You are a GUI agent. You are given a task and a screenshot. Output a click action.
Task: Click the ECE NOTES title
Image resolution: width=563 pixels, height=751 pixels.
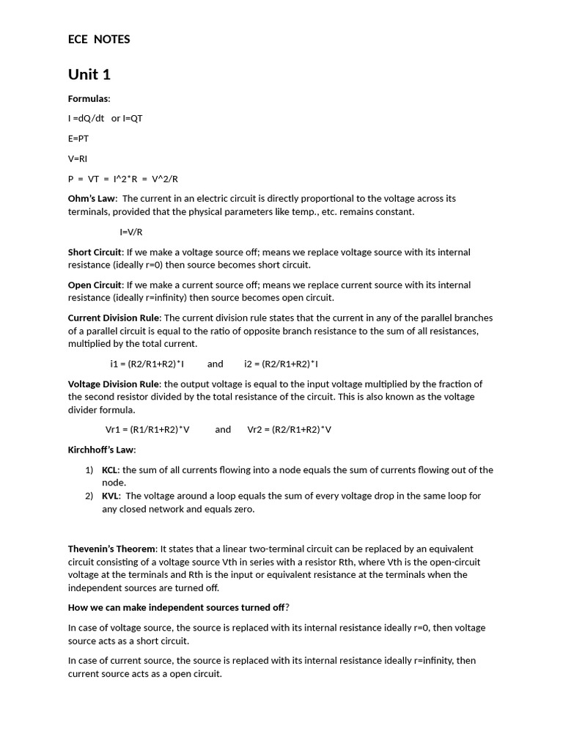99,40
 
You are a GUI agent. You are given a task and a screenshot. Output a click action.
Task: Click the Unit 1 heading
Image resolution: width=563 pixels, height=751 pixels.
89,74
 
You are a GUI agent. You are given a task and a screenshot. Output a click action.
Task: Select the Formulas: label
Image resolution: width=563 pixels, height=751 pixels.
89,98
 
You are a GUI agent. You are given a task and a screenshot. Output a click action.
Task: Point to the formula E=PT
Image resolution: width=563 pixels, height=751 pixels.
78,138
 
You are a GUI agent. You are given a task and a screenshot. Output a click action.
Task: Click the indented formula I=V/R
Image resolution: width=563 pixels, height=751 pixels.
131,232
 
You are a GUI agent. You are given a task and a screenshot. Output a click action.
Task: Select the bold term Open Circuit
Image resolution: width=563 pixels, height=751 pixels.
95,285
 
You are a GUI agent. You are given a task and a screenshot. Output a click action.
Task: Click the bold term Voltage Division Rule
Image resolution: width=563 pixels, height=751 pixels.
114,384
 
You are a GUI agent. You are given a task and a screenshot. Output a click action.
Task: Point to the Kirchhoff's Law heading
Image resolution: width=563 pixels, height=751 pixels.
102,450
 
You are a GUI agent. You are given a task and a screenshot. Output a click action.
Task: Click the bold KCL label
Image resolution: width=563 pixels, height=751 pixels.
111,470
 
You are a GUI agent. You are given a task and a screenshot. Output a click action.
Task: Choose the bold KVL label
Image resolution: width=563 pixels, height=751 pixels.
111,496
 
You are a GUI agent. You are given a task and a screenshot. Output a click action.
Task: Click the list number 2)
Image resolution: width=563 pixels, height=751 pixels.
89,496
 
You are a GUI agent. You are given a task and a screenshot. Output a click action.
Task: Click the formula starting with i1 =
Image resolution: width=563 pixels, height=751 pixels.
147,364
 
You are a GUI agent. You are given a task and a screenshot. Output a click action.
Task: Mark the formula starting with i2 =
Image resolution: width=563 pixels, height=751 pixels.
281,364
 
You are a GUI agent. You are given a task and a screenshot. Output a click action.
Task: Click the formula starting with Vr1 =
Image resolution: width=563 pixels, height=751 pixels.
147,430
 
